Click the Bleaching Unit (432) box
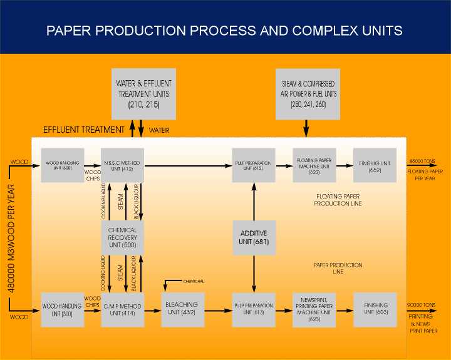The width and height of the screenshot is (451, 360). coord(184,309)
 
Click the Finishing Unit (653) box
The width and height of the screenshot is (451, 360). coord(375,309)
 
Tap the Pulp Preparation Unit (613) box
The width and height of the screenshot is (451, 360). coord(254,309)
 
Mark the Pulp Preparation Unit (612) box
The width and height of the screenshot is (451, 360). coord(254,165)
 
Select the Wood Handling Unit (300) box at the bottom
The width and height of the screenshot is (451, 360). coord(62,309)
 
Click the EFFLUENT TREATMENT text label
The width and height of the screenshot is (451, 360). coord(83,130)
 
